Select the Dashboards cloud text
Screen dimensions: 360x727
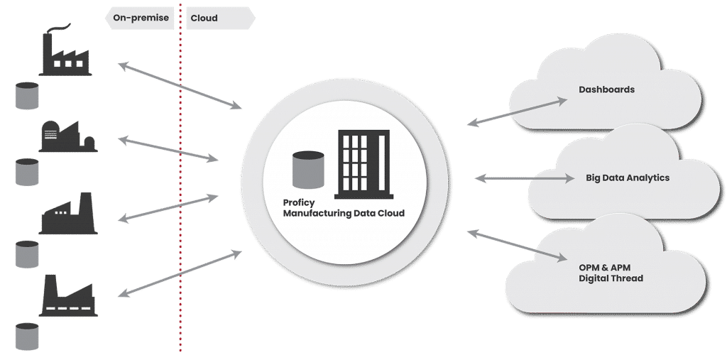click(x=606, y=90)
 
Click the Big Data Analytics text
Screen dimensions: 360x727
click(x=627, y=178)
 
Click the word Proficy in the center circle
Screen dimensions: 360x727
click(x=299, y=202)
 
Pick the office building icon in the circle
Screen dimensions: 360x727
click(x=363, y=164)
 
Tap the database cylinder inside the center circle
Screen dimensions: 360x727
click(x=308, y=173)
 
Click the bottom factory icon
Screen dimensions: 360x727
click(x=67, y=295)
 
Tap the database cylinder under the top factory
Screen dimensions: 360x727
click(x=27, y=96)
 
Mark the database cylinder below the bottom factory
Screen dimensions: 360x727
click(x=27, y=336)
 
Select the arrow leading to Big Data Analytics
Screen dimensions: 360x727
click(x=525, y=179)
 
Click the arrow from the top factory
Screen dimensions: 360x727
click(x=180, y=85)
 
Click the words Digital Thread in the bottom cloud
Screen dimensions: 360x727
click(x=611, y=278)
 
